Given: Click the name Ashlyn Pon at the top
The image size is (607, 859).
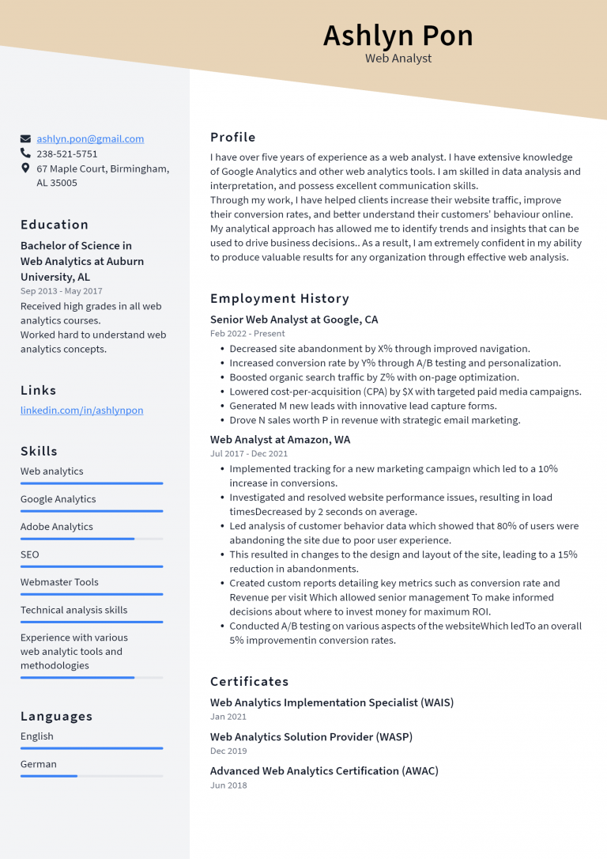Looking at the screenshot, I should click(398, 36).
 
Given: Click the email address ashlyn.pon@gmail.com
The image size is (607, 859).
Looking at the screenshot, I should click(90, 138).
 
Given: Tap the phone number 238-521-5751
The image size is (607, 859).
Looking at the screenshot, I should click(67, 153).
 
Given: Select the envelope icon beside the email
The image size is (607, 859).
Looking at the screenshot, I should click(26, 138).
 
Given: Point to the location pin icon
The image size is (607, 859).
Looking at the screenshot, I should click(26, 168).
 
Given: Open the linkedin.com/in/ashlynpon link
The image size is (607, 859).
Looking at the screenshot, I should click(81, 411).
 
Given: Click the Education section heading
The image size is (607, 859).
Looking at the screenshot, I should click(55, 225).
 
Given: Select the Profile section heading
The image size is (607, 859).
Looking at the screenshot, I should click(232, 137).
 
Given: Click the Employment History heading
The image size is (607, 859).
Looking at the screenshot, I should click(279, 298).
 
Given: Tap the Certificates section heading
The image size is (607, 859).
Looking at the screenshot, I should click(249, 681).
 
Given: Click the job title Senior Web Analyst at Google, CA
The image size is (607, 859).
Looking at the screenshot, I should click(294, 320).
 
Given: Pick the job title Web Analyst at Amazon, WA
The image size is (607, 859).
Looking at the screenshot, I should click(280, 440).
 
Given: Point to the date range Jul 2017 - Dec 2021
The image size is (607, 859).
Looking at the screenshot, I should click(249, 454).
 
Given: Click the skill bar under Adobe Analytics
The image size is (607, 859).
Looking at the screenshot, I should click(92, 539).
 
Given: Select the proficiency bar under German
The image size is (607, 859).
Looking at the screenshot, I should click(92, 776).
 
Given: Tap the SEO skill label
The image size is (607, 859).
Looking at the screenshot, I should click(30, 554).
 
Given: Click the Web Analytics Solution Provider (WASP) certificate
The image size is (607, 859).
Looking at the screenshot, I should click(311, 736).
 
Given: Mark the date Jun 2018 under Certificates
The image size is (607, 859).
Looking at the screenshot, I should click(228, 785).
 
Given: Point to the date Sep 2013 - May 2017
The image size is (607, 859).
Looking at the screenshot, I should click(61, 291).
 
